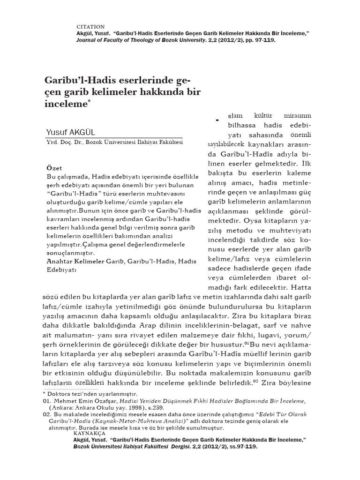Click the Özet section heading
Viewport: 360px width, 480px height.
pyautogui.click(x=54, y=167)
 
